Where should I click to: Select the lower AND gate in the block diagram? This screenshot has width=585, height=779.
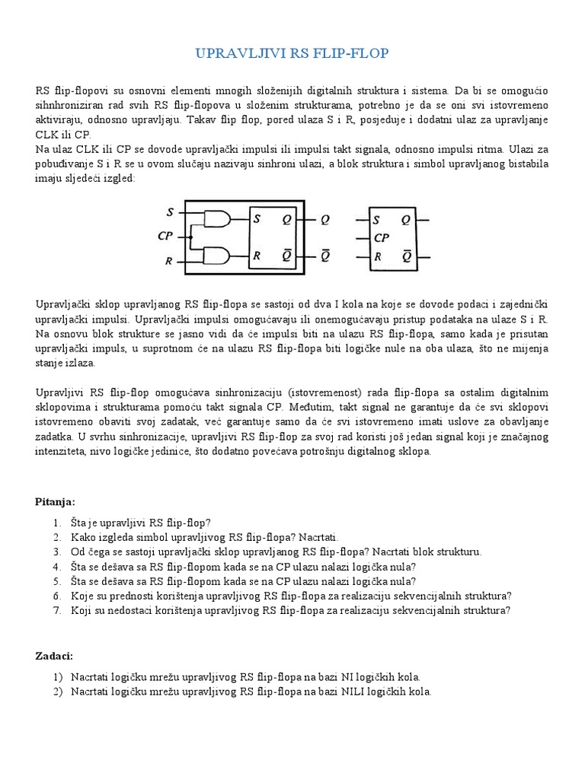tap(218, 255)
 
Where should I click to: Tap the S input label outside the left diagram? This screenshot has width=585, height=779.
tap(170, 211)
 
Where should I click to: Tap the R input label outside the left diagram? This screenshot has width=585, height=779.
tap(169, 262)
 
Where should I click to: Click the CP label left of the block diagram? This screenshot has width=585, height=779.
tap(165, 237)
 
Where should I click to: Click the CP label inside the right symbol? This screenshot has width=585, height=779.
tap(382, 237)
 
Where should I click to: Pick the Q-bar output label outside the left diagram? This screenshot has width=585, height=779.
tap(324, 256)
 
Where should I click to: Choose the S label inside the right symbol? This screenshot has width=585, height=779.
tap(376, 221)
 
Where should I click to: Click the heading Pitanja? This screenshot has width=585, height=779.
tap(56, 501)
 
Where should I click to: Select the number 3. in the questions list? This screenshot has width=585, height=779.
tap(57, 552)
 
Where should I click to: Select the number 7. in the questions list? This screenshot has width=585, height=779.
tap(57, 609)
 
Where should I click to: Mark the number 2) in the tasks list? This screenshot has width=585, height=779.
tap(57, 692)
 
